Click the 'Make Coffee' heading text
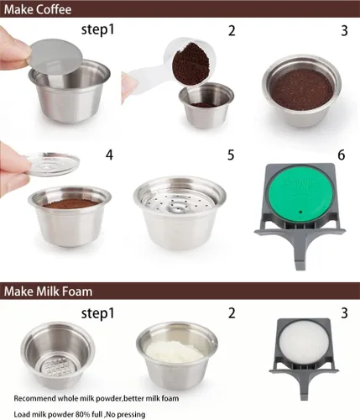[38, 9]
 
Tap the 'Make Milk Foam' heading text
[48, 291]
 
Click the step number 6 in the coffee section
[342, 155]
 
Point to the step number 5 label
[231, 155]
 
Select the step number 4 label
[109, 155]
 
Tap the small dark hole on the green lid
[300, 212]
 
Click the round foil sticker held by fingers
[56, 56]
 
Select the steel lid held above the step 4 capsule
[52, 165]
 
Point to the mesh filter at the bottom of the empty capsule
[57, 366]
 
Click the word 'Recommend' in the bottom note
[34, 398]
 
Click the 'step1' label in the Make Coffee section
[98, 29]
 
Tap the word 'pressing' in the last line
[133, 415]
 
